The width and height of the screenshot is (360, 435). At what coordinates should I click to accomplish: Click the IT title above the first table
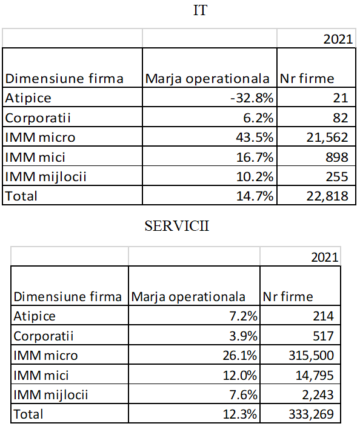200,10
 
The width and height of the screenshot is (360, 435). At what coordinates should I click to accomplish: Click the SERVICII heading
177,226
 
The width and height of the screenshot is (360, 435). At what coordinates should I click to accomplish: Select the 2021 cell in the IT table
338,39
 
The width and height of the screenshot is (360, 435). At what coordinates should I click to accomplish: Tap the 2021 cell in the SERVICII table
324,257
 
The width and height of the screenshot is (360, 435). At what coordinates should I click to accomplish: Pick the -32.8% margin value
252,98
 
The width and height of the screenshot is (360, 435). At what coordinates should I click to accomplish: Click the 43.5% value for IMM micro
255,138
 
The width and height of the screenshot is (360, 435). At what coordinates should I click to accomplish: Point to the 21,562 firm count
327,138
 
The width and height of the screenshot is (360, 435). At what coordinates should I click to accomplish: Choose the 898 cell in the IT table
337,158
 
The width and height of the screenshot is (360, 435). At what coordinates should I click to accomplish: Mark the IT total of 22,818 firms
327,196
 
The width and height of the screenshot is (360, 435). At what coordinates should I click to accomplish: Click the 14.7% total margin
255,196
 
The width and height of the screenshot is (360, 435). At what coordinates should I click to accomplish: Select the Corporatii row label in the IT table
38,118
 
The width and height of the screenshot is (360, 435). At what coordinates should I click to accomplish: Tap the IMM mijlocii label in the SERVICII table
51,395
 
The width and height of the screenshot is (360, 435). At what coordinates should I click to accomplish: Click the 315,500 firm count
311,356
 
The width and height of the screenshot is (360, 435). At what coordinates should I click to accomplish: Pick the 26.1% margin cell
240,356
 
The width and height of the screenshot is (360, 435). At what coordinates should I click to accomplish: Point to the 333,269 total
311,414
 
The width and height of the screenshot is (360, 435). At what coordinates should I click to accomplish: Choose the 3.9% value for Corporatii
243,336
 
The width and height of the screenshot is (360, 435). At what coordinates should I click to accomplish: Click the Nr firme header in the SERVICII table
288,297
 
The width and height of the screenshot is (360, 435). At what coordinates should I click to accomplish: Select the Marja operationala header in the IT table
207,79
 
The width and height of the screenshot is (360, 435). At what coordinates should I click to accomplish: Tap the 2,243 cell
318,395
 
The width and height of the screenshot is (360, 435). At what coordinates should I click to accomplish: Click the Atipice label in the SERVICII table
35,316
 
